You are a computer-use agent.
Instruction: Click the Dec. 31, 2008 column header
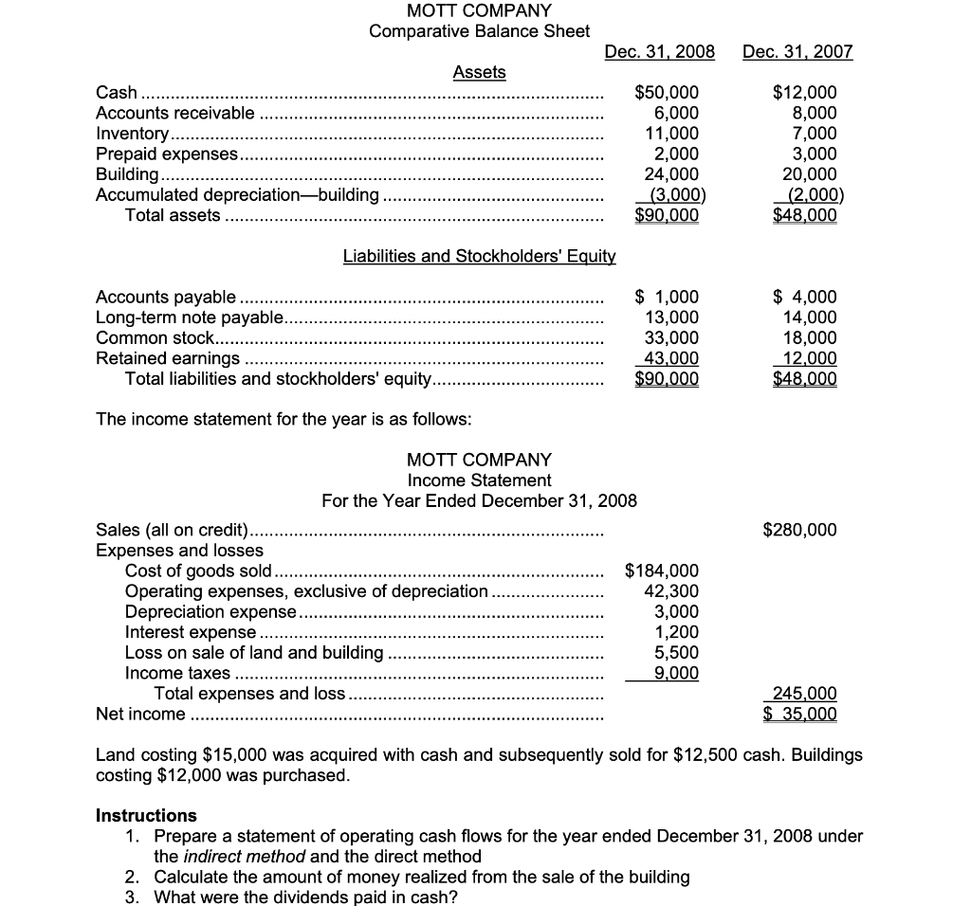pyautogui.click(x=659, y=51)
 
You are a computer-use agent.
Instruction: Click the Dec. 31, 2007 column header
pyautogui.click(x=797, y=51)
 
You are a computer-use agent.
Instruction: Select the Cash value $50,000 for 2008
pyautogui.click(x=666, y=93)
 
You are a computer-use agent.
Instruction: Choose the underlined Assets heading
pyautogui.click(x=479, y=72)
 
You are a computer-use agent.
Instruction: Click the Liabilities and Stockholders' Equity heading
pyautogui.click(x=479, y=256)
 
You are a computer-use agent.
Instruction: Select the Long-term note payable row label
pyautogui.click(x=190, y=317)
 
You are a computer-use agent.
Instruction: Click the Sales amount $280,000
pyautogui.click(x=799, y=530)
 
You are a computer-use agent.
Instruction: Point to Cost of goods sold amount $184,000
pyautogui.click(x=662, y=571)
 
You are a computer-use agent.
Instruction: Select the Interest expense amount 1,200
pyautogui.click(x=677, y=632)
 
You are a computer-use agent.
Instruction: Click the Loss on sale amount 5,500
pyautogui.click(x=677, y=653)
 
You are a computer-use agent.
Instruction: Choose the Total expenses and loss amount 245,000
pyautogui.click(x=805, y=694)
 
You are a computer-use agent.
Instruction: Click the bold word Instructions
pyautogui.click(x=147, y=815)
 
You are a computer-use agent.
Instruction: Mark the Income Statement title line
pyautogui.click(x=479, y=480)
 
